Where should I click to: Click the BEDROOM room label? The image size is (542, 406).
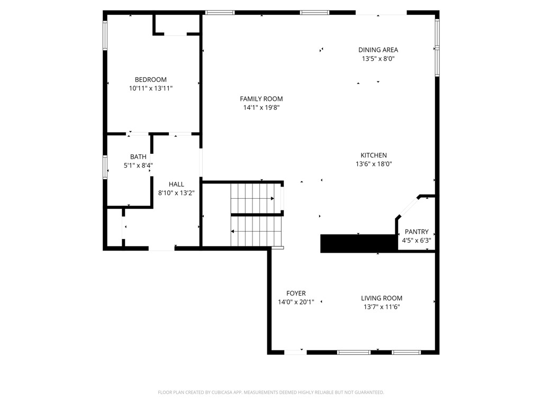150,80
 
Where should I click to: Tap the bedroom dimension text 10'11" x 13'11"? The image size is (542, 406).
150,89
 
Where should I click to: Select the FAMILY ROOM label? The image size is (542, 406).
261,99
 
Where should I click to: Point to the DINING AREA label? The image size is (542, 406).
378,50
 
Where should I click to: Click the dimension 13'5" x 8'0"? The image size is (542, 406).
378,59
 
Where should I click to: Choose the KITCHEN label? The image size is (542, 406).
374,155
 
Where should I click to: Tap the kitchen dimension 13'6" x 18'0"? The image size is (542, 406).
374,164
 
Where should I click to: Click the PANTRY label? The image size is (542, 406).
417,232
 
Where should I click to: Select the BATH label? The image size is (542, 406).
138,157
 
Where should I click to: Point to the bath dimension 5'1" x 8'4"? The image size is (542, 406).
138,165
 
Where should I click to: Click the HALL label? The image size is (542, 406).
176,184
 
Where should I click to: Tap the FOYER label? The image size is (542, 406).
296,293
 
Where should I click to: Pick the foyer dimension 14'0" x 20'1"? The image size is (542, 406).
296,302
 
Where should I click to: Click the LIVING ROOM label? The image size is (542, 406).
382,298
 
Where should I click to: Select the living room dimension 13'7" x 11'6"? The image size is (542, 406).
382,307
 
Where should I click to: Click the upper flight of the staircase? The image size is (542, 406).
251,198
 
